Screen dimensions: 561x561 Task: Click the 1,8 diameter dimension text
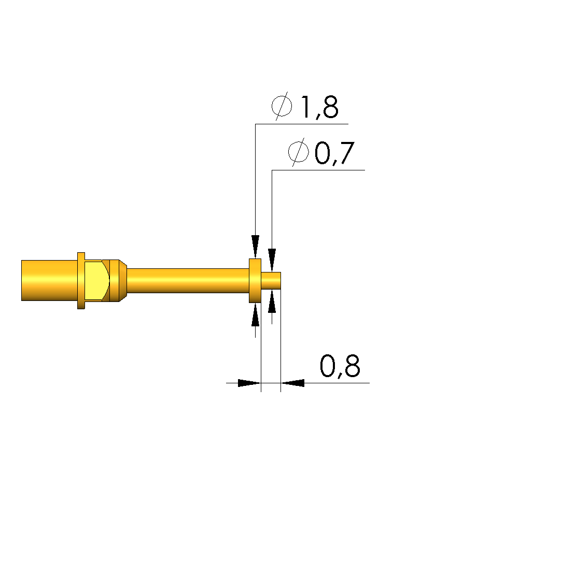(x=320, y=107)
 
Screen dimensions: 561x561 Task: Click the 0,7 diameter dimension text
(x=335, y=153)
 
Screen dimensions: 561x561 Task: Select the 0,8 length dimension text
(x=340, y=366)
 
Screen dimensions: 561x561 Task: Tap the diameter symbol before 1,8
(x=282, y=106)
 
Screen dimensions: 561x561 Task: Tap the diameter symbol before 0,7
(x=298, y=152)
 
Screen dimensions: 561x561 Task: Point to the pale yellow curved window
(x=96, y=281)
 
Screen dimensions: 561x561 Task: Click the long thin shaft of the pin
(x=188, y=281)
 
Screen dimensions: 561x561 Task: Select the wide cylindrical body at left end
(x=49, y=281)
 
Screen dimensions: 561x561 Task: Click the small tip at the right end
(x=271, y=281)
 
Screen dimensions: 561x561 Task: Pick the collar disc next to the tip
(x=255, y=281)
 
